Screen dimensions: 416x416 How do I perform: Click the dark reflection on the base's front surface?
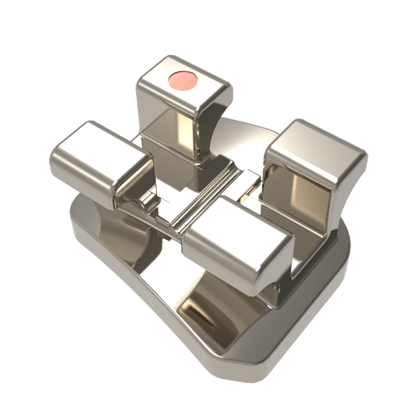pyautogui.click(x=204, y=308)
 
